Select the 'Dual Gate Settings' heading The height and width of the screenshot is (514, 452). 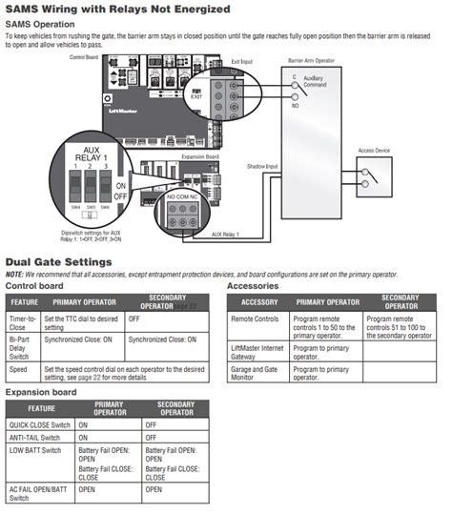pyautogui.click(x=59, y=261)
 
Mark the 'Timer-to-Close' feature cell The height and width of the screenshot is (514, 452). pyautogui.click(x=21, y=321)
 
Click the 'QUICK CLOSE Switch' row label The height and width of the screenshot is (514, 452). pyautogui.click(x=39, y=424)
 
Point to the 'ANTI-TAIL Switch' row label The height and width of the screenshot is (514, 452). pyautogui.click(x=35, y=436)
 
